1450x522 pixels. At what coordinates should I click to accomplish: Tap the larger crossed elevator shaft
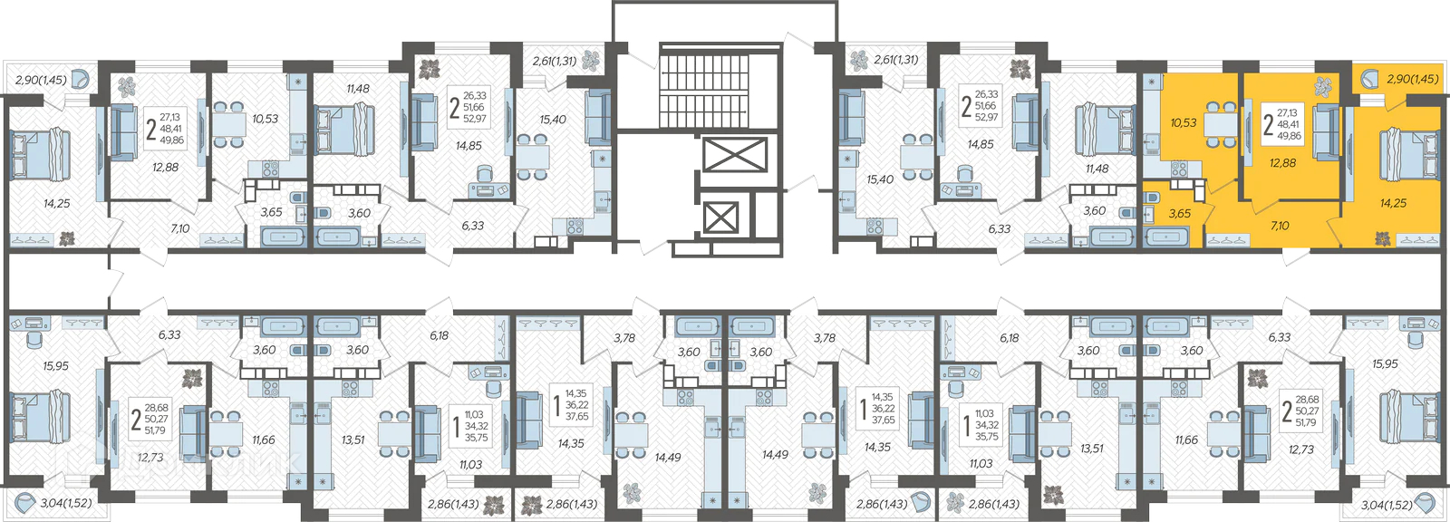coord(734,155)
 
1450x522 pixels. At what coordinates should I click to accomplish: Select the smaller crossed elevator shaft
coord(720,217)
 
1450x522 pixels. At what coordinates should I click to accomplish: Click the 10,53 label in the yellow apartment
coord(1184,122)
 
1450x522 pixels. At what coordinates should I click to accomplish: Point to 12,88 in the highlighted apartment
coord(1282,163)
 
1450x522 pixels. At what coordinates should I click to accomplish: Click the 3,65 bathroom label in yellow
coord(1179,213)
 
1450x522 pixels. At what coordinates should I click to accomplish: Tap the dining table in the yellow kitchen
coord(1221,123)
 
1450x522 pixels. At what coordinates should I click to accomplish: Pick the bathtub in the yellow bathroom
coord(1165,237)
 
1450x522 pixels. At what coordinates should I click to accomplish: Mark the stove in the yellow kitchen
coord(1179,170)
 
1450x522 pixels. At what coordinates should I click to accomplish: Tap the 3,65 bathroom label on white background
coord(271,212)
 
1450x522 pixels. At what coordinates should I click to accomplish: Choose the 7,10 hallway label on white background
coord(180,228)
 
